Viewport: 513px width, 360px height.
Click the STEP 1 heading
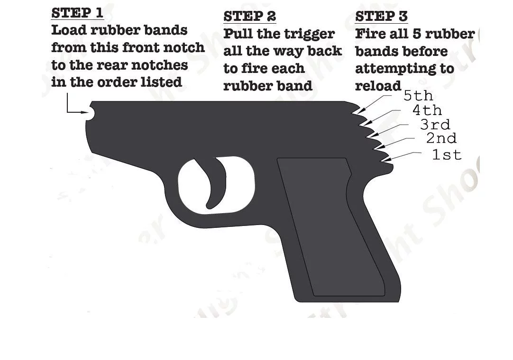77,13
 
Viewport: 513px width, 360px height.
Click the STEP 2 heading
250,17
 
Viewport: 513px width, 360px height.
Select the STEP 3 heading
382,17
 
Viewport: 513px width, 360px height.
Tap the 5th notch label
418,96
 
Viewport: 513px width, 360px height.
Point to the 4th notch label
427,110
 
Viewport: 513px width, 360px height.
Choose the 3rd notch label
435,124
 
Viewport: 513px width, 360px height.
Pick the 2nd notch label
441,138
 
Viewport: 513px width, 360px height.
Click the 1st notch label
447,154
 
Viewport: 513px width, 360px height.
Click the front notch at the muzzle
91,113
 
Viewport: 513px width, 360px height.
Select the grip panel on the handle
330,225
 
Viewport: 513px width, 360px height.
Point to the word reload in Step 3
378,86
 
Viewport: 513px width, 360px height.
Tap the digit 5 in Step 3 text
419,34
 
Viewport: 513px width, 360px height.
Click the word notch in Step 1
184,48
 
